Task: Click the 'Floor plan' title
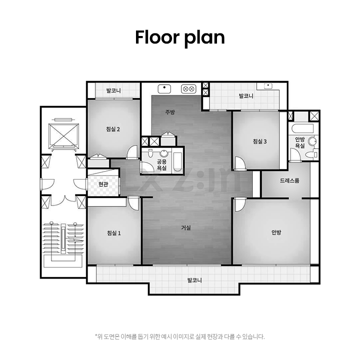coord(180,37)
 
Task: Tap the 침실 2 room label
coord(113,129)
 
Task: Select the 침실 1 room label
coord(114,233)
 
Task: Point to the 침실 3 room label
coord(260,141)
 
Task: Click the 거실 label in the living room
coord(186,228)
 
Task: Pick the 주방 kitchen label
coord(170,112)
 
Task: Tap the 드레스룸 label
coord(289,180)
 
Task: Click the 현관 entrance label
coord(103,184)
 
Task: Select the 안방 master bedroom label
coord(276,232)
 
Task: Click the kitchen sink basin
coord(164,89)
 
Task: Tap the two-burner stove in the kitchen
coord(188,89)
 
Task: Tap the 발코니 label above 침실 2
coord(113,90)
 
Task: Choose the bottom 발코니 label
coord(194,280)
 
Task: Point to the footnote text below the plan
coord(180,336)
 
